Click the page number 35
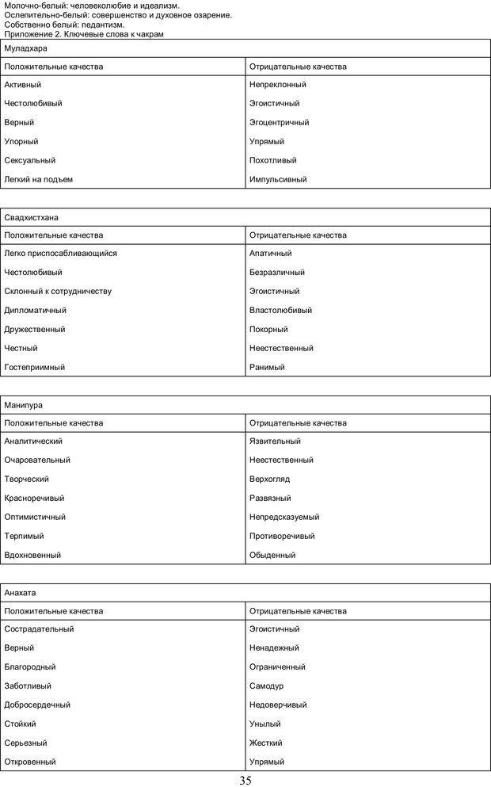(245, 780)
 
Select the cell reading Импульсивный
(278, 179)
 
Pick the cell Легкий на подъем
(38, 179)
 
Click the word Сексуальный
(29, 160)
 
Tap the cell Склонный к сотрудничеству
(58, 291)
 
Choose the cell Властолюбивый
(280, 310)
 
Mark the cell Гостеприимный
(35, 367)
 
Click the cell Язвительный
(275, 441)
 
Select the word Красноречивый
(34, 498)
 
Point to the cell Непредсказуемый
(284, 517)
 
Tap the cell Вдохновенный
(32, 555)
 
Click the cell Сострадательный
(39, 628)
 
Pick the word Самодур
(266, 686)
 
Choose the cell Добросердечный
(37, 705)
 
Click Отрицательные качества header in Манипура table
(298, 422)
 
